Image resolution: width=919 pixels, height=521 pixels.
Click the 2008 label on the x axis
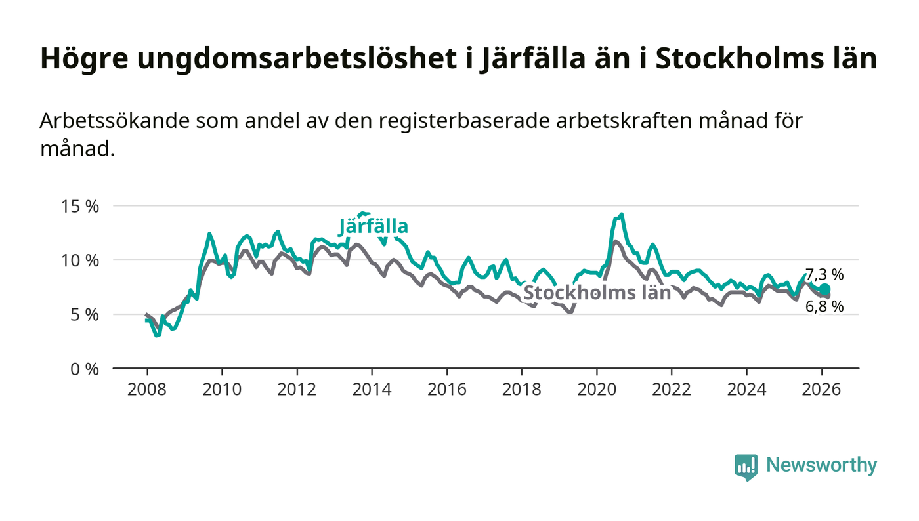point(147,389)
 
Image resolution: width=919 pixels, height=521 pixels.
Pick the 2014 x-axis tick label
point(372,389)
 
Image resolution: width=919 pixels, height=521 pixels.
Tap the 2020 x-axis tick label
point(597,389)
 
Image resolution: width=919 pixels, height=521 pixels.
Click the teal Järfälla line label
point(374,227)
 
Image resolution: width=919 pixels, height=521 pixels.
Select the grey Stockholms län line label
point(597,293)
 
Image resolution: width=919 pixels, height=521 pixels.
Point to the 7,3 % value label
point(824,275)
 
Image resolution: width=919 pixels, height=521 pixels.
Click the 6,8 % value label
point(825,306)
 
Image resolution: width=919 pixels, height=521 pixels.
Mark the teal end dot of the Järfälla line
point(824,289)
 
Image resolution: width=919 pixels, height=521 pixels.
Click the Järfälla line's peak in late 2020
point(621,215)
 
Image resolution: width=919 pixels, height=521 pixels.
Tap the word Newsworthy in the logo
point(821,465)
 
